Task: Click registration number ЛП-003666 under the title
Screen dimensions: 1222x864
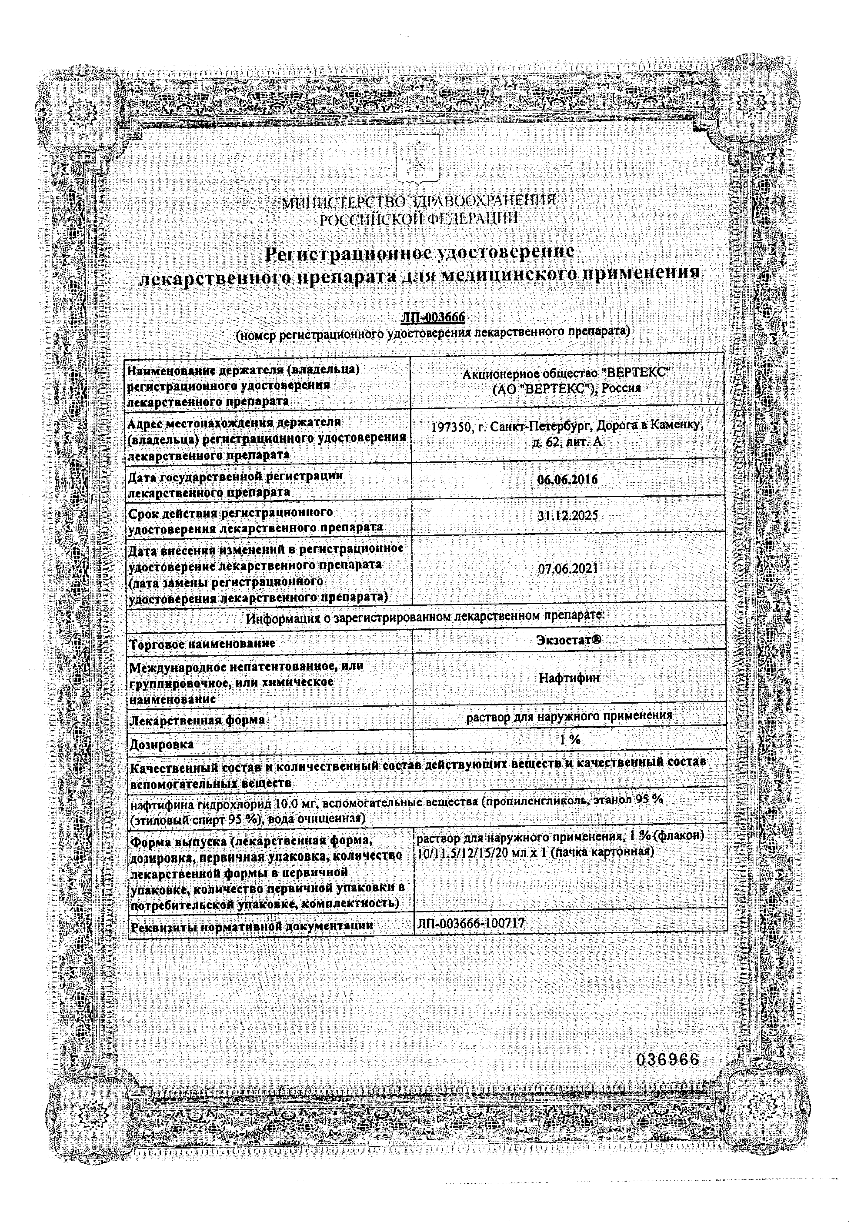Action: click(433, 317)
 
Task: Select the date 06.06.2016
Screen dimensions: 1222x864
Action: click(567, 480)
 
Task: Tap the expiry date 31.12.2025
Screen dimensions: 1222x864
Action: click(567, 516)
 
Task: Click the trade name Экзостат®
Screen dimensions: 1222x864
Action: click(569, 640)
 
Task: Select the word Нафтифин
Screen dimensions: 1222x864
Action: click(569, 678)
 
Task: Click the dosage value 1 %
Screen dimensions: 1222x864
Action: click(570, 739)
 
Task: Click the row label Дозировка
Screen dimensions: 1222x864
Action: click(162, 744)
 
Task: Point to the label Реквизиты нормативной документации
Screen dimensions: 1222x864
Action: click(252, 927)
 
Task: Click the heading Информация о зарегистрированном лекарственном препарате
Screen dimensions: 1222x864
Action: click(425, 618)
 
